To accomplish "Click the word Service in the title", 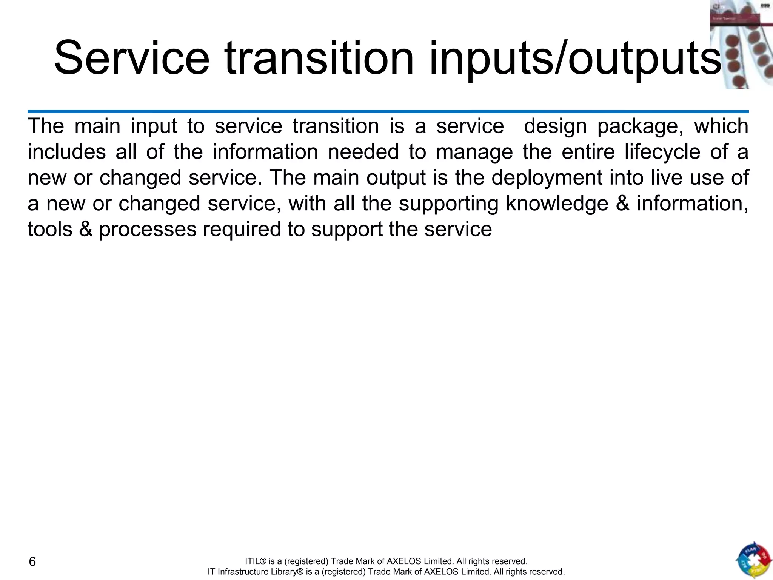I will coord(131,59).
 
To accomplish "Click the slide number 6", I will coord(32,562).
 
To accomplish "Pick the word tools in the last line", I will coord(50,230).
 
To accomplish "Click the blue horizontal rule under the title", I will coord(388,111).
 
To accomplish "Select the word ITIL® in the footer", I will coord(256,561).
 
